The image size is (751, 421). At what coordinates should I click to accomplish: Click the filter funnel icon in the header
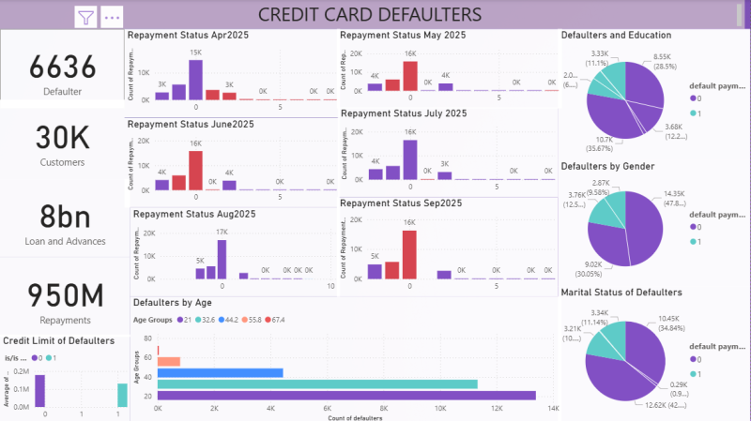tap(86, 17)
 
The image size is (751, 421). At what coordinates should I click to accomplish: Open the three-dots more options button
tap(112, 17)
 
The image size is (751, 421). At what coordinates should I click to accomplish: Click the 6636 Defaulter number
tap(63, 67)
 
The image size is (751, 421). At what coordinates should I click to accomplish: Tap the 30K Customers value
tap(63, 137)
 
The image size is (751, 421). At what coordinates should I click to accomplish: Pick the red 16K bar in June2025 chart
tap(195, 170)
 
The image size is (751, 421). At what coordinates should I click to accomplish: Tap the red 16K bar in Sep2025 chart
tap(409, 254)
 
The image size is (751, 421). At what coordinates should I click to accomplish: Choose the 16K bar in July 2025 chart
tap(409, 158)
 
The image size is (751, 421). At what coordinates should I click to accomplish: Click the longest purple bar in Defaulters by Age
tap(346, 396)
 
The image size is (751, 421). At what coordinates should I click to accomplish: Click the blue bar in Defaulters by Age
tap(220, 372)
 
